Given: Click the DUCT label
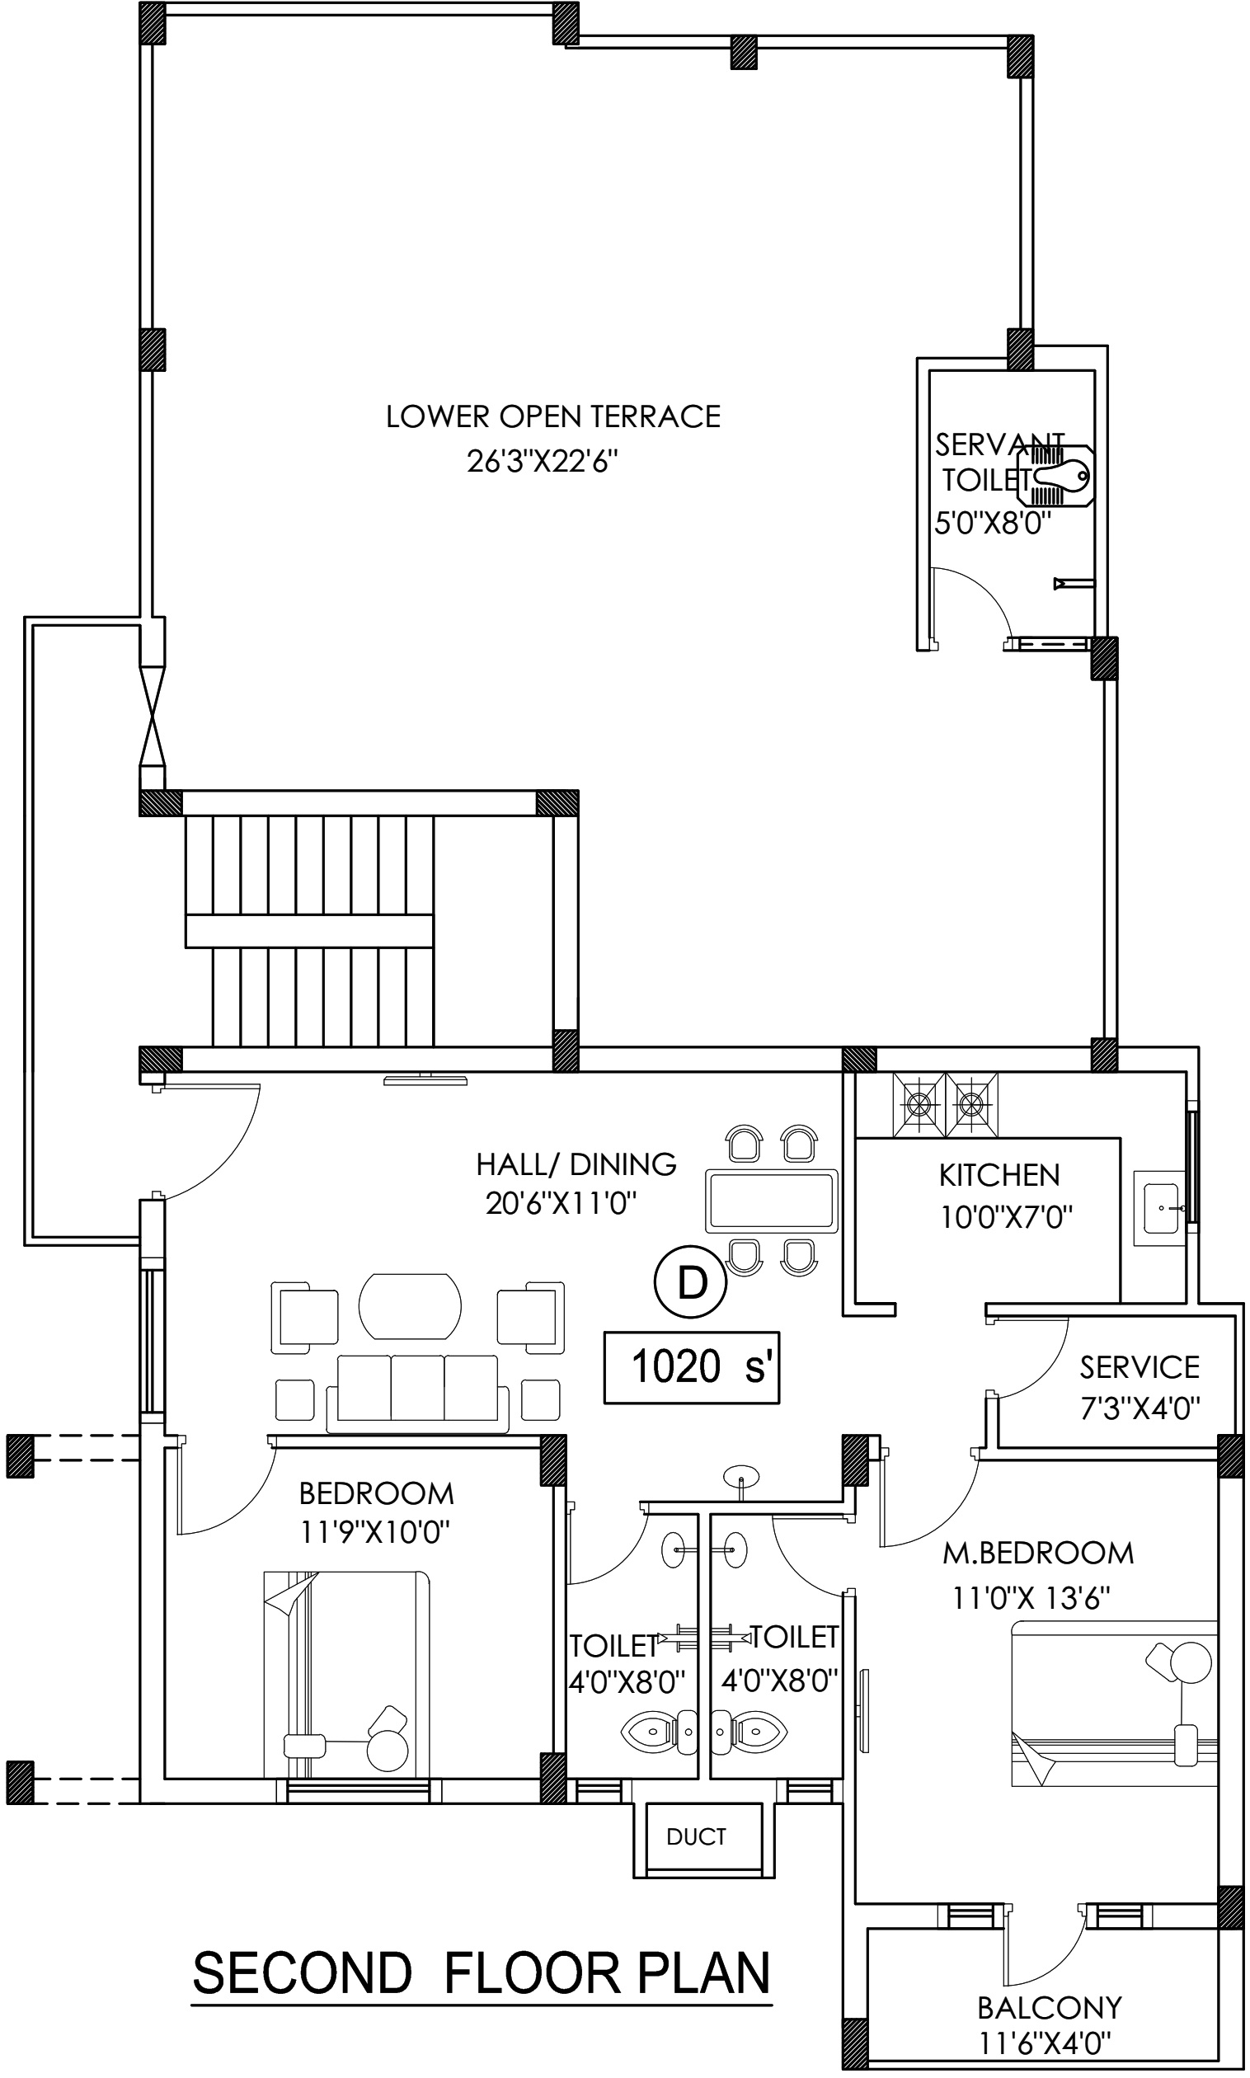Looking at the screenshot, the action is pos(696,1836).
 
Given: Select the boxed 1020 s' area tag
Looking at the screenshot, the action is pos(692,1367).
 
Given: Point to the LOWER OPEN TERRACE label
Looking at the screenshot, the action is pos(553,416).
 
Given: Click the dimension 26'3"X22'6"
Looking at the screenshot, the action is pos(543,462).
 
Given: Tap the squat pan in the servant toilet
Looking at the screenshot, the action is pos(1055,476).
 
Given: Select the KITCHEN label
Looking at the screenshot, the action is pos(999,1175).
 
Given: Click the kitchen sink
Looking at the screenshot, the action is pos(1161,1208).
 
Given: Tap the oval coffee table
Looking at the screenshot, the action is pos(411,1306).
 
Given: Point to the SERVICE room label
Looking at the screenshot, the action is pos(1140,1367).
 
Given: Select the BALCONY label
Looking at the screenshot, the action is pos(1050,2008).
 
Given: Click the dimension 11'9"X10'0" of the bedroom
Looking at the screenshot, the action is pos(375,1531).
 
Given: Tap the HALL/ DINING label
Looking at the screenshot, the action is pos(576,1164).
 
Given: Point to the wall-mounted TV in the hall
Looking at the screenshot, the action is pos(425,1079).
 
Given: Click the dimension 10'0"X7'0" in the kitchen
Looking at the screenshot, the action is pos(1007,1217).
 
